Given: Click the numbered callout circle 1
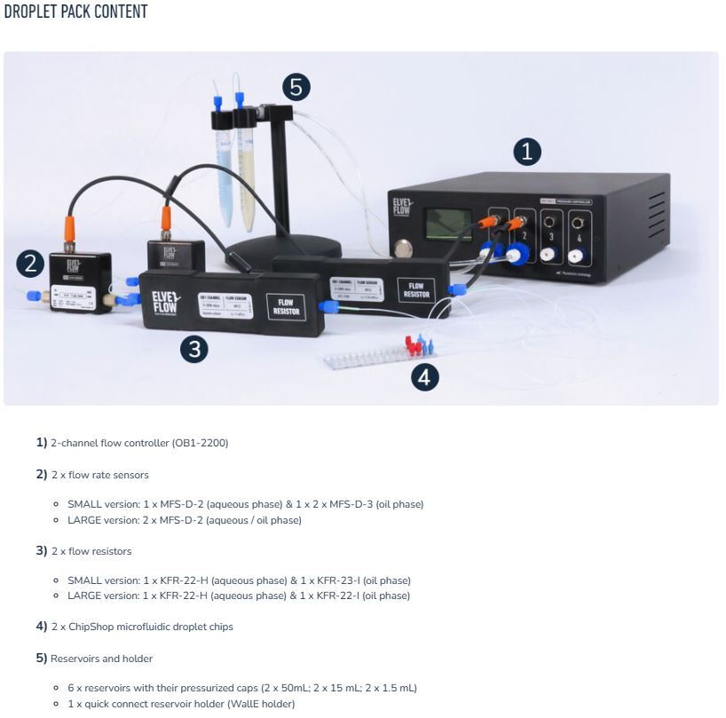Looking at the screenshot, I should (x=527, y=152).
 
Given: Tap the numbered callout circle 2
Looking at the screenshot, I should (x=31, y=263).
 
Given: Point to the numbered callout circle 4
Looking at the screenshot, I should (x=424, y=377).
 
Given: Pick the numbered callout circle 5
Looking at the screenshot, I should (x=296, y=87).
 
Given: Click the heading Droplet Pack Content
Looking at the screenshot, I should (x=75, y=12).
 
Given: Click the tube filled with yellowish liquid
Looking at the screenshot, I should (x=245, y=155).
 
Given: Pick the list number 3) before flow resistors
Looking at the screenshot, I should (x=41, y=551).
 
